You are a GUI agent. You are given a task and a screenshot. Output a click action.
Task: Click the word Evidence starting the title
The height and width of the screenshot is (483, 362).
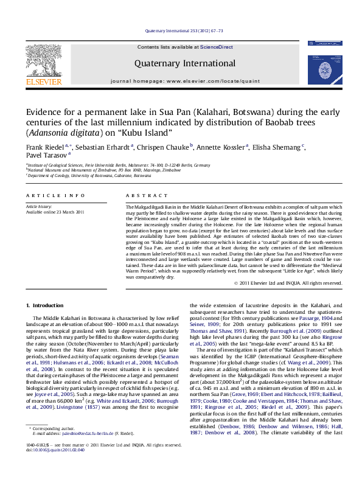point(43,112)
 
